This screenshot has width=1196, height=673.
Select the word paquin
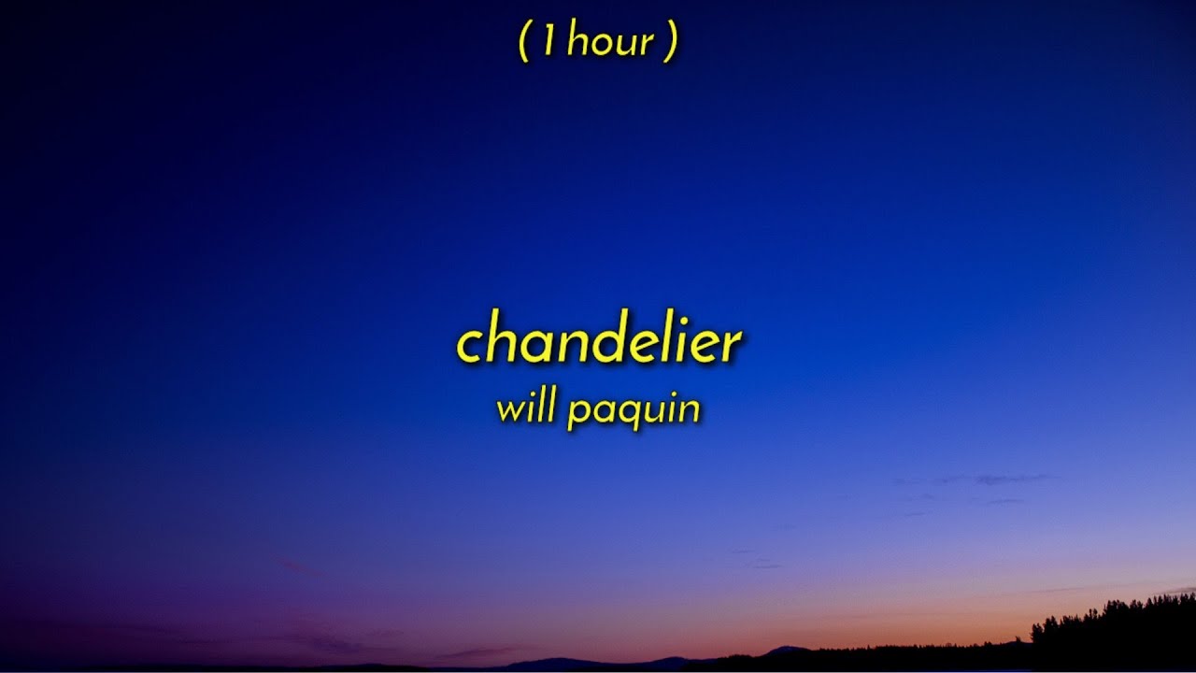(x=633, y=412)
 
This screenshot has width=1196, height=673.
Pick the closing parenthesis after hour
(x=670, y=43)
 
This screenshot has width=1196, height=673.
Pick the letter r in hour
(x=647, y=45)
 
